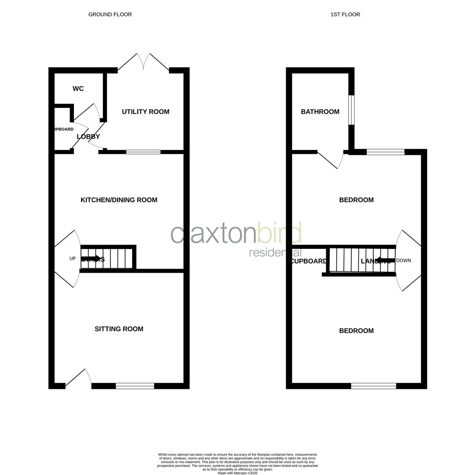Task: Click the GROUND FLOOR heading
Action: coord(110,15)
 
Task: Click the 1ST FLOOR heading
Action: coord(345,15)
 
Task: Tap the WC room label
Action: coord(78,89)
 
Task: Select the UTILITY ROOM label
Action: coord(145,112)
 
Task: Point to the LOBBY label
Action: coord(88,137)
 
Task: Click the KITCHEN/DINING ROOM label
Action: coord(119,200)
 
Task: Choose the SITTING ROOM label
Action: coord(119,329)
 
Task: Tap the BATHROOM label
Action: coord(320,112)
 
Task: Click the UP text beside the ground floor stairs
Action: coord(73,259)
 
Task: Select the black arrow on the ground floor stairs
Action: coord(91,259)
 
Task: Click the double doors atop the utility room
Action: coord(144,62)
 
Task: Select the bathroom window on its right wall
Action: coord(351,110)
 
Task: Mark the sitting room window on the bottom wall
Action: coord(135,386)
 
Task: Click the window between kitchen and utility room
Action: coord(143,152)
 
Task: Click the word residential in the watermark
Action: coord(275,252)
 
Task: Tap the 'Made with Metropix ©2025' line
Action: coord(237,473)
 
